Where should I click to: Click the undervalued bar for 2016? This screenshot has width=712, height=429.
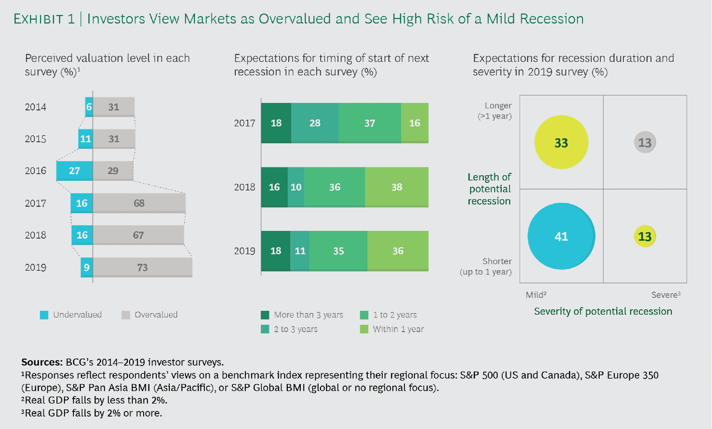click(x=75, y=171)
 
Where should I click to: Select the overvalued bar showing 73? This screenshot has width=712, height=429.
click(x=142, y=267)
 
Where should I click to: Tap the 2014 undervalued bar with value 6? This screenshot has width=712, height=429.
click(x=89, y=107)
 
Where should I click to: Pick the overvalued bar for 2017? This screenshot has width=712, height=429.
click(x=139, y=203)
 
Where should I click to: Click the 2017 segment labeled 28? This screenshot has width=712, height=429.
click(x=315, y=123)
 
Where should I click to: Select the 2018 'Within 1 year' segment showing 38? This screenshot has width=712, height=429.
click(x=397, y=187)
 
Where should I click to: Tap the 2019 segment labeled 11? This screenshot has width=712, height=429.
click(x=300, y=251)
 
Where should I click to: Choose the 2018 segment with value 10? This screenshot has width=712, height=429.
click(x=296, y=187)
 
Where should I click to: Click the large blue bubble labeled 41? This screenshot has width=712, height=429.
click(x=561, y=236)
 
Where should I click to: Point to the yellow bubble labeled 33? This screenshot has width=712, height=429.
click(x=561, y=143)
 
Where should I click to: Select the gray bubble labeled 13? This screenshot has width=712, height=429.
click(x=645, y=142)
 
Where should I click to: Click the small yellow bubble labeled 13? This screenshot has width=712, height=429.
click(x=645, y=236)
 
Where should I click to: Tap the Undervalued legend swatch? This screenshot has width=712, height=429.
click(x=44, y=315)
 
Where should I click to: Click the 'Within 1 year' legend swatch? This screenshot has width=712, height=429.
click(x=364, y=329)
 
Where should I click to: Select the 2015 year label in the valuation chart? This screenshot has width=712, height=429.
click(x=36, y=139)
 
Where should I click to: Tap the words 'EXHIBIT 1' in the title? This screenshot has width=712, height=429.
click(x=44, y=19)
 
